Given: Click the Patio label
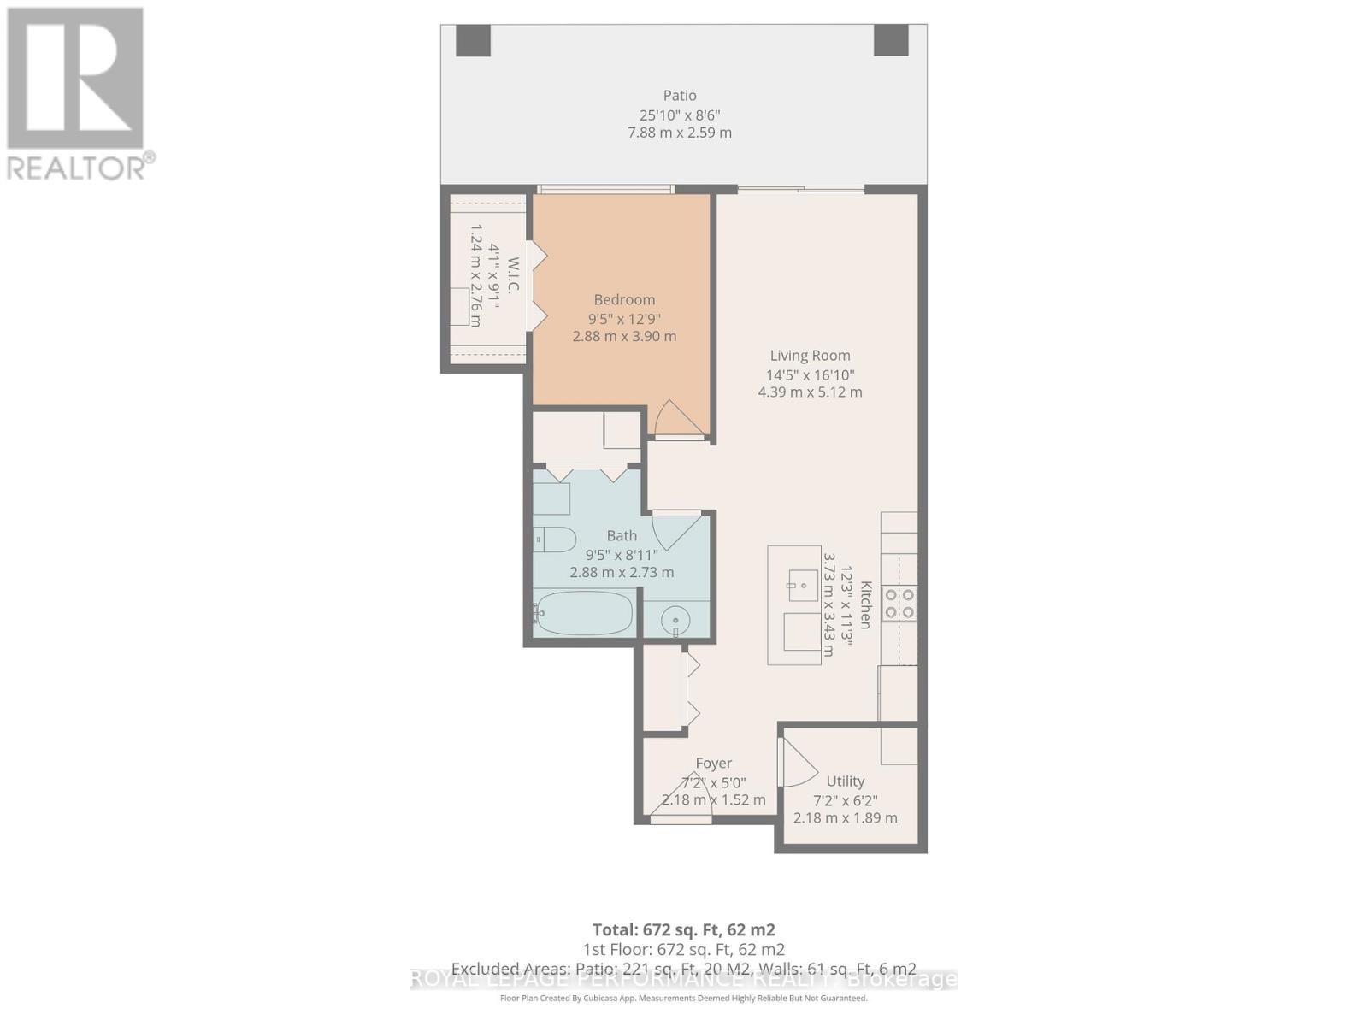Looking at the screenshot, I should coord(680,96).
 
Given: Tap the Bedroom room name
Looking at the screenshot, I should coord(624,299).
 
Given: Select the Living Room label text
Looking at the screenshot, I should coord(810,356).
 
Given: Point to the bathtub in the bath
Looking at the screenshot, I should coord(585,613).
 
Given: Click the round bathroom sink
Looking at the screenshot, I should coord(676,619).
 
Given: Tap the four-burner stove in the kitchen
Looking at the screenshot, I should coord(900,602).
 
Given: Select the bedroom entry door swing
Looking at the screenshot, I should coord(677,420).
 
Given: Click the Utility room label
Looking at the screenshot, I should coord(845,781).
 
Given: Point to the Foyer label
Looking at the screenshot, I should coord(713,763).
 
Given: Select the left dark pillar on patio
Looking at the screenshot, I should coord(473,39).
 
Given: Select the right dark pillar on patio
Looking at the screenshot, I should coord(890,39).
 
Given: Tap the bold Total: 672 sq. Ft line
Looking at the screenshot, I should coord(684,929).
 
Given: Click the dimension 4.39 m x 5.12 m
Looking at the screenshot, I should coord(810,392).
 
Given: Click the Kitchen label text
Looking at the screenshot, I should coord(865,605).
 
